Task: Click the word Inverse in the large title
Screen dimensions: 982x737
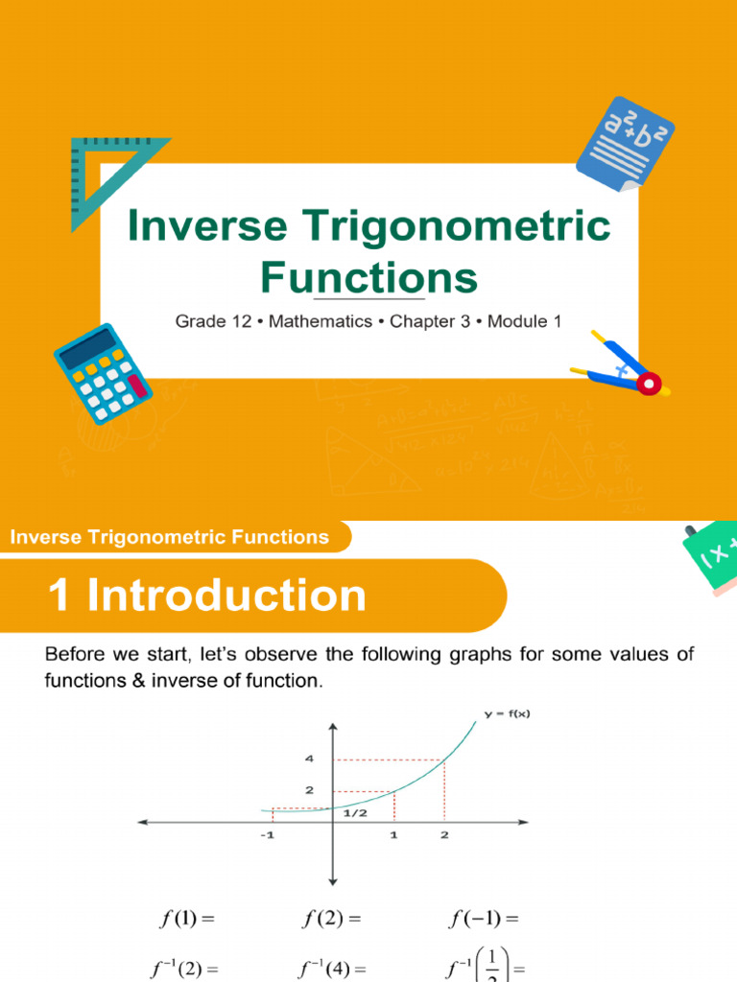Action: pyautogui.click(x=207, y=227)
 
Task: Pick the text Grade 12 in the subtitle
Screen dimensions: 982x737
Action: pyautogui.click(x=213, y=322)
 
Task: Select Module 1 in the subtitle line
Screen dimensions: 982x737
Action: pyautogui.click(x=524, y=322)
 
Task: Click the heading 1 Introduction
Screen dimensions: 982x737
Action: pyautogui.click(x=207, y=596)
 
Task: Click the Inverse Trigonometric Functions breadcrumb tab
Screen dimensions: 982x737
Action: pyautogui.click(x=170, y=537)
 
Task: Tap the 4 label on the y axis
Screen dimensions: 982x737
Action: pyautogui.click(x=309, y=759)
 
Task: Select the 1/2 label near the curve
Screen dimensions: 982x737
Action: pyautogui.click(x=356, y=812)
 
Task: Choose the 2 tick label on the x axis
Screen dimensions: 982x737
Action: pyautogui.click(x=443, y=835)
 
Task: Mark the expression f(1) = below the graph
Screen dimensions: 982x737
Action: pyautogui.click(x=184, y=919)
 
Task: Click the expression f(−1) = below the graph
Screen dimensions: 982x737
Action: pyautogui.click(x=483, y=919)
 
